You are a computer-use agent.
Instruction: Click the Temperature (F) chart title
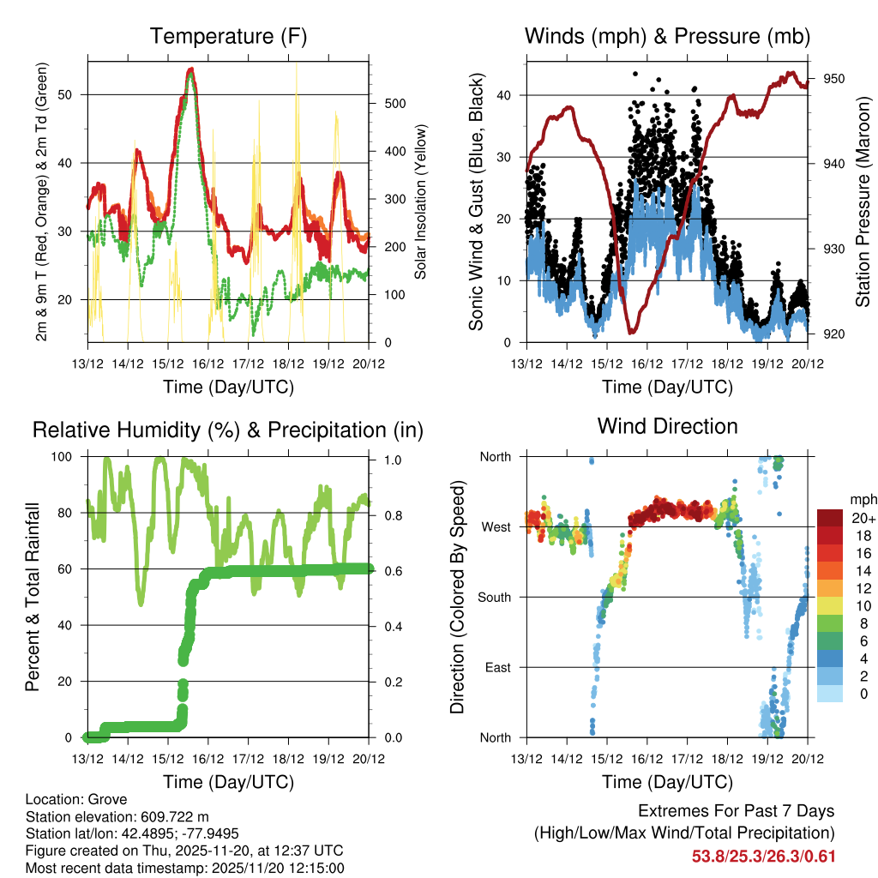coord(228,37)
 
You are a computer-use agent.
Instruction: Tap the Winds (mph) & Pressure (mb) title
coord(667,37)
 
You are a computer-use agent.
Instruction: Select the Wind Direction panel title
coord(667,426)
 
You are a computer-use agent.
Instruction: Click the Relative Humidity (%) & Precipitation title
coord(228,430)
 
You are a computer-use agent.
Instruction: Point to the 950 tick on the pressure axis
coord(834,79)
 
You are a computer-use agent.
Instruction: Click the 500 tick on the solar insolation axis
coord(393,104)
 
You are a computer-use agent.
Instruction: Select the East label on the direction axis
coord(498,667)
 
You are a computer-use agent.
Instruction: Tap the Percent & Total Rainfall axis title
coord(33,597)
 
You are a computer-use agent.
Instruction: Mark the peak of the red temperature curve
coord(191,69)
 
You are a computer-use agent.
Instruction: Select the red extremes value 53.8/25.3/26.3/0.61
coord(763,857)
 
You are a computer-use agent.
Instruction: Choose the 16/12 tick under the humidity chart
coord(207,759)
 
